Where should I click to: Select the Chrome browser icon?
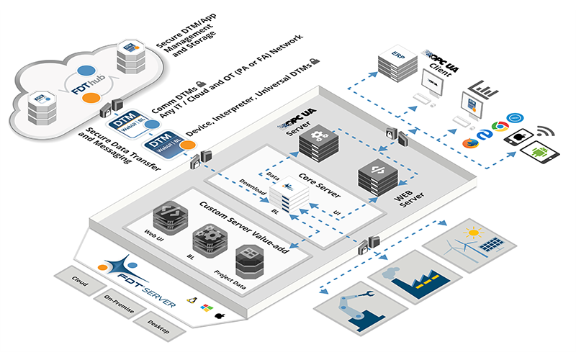496,127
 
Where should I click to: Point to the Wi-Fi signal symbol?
544,132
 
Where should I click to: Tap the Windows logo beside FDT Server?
204,307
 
